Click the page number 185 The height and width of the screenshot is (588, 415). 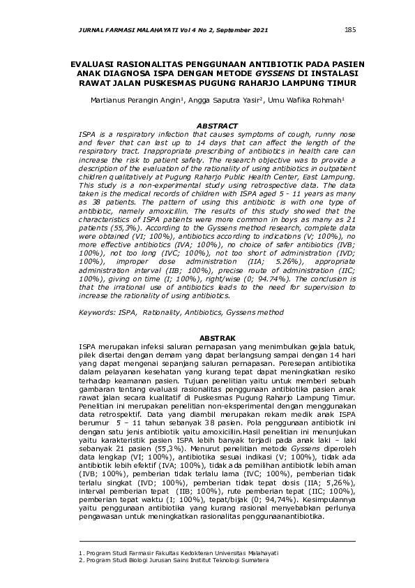(350, 30)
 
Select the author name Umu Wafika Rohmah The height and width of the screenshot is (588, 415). (307, 101)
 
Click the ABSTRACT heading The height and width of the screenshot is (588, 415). (217, 126)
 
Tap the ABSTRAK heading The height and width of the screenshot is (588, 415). (217, 339)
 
